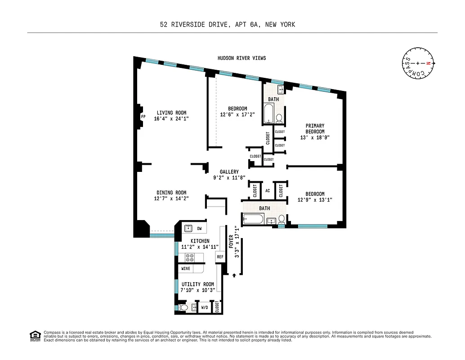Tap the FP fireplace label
[143, 117]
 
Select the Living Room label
[171, 113]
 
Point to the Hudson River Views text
[241, 58]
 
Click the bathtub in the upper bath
[268, 114]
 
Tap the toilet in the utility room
[183, 308]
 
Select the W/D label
[204, 308]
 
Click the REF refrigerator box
[220, 257]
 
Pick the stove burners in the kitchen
[189, 258]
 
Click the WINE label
[185, 269]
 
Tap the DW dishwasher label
[199, 229]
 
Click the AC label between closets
[268, 191]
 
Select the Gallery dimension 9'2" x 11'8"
[229, 178]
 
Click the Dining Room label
[171, 193]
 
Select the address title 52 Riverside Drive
[228, 25]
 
